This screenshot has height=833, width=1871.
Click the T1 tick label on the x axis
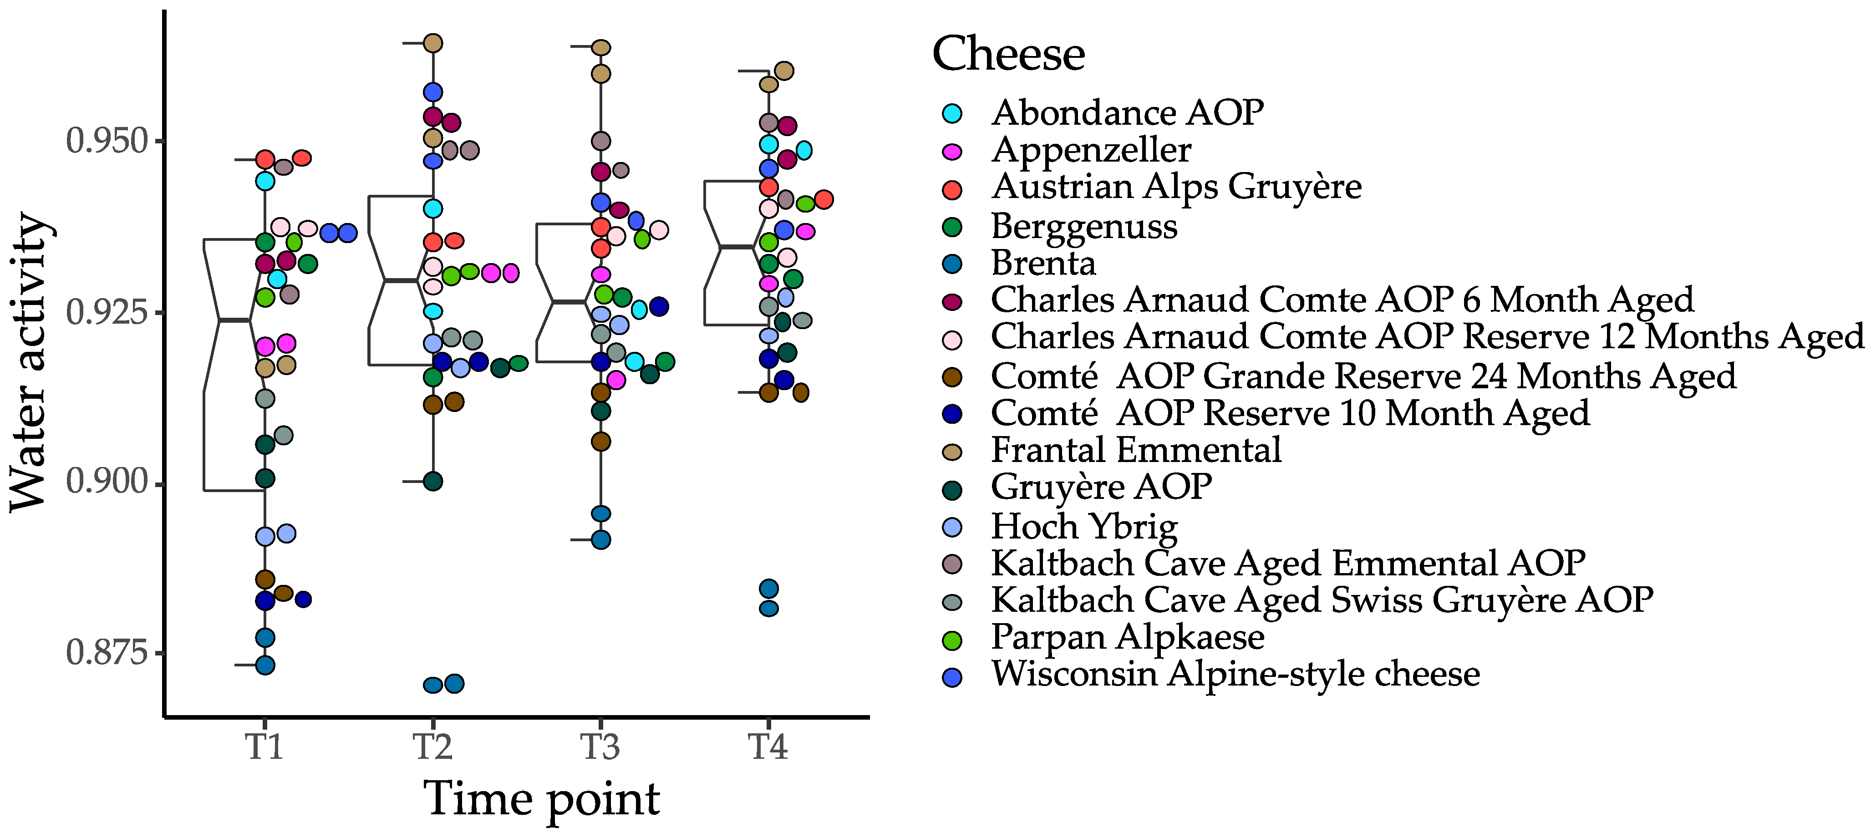click(x=264, y=747)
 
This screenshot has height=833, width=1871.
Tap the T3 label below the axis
click(x=600, y=747)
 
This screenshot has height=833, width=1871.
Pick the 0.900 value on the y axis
click(x=107, y=482)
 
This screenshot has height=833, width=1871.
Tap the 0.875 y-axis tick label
click(x=107, y=652)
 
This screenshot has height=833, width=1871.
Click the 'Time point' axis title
click(x=541, y=799)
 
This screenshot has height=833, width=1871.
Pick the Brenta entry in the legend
click(x=1043, y=263)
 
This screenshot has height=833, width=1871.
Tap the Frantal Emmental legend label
click(x=1136, y=450)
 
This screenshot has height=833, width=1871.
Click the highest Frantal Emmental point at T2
click(x=433, y=43)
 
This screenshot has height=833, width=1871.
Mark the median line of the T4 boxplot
click(x=737, y=248)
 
